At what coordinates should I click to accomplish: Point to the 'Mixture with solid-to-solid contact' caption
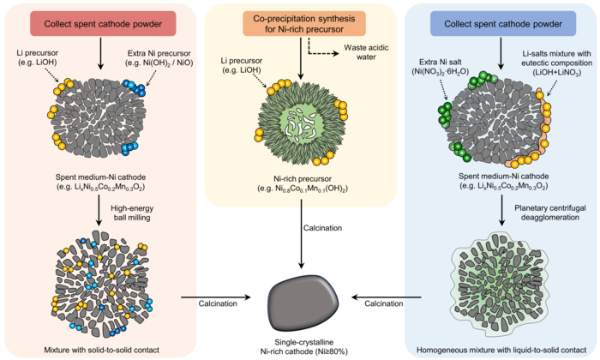(x=99, y=349)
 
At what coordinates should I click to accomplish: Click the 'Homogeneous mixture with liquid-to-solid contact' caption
(x=501, y=349)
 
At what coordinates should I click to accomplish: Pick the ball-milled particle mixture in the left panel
(x=99, y=283)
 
